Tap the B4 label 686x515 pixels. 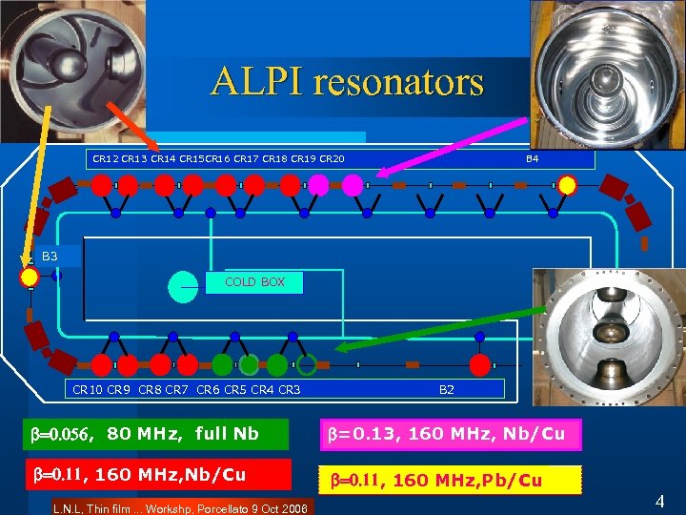tap(533, 158)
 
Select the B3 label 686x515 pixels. tap(50, 257)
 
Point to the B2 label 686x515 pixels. tap(446, 389)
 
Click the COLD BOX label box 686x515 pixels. tap(254, 282)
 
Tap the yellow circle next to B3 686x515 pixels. tap(30, 278)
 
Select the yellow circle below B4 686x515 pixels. tap(567, 184)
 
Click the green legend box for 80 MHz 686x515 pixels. tap(157, 435)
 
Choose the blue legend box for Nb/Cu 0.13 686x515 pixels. tap(447, 435)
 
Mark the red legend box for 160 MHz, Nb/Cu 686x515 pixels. tap(157, 473)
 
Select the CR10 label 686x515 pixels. tap(87, 389)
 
